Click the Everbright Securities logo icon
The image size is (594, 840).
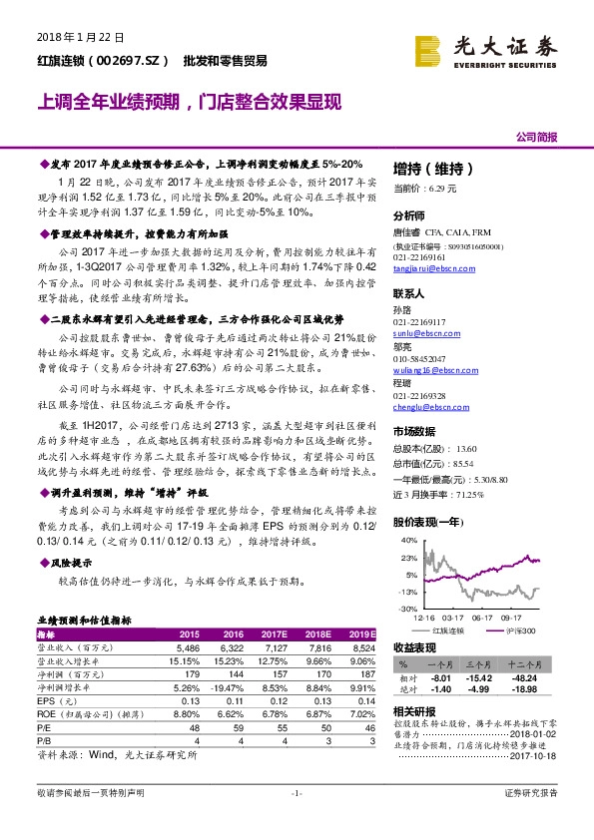[x=430, y=50]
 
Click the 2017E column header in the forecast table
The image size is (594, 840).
[x=275, y=634]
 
